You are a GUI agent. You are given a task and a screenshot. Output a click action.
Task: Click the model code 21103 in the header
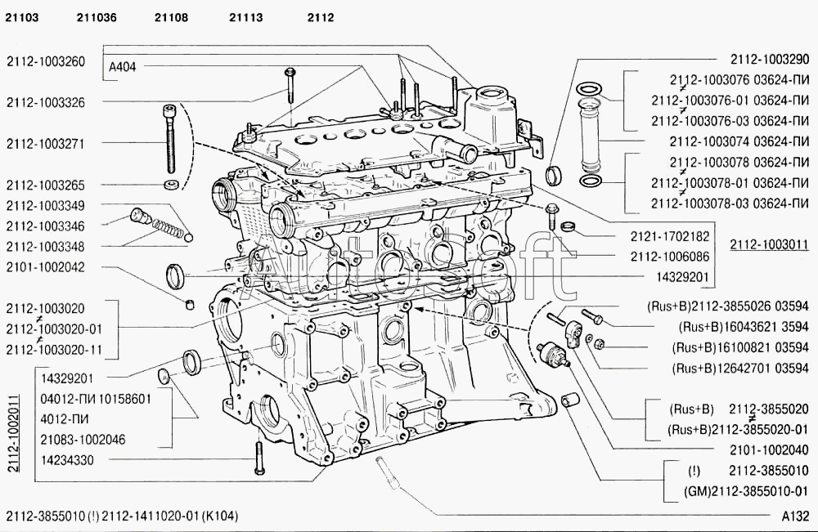click(22, 18)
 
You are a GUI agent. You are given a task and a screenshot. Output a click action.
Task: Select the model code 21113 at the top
click(245, 18)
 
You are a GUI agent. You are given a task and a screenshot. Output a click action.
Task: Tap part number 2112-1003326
click(45, 103)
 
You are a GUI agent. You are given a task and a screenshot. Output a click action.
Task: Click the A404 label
click(123, 67)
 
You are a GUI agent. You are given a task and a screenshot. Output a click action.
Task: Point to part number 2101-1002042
click(45, 267)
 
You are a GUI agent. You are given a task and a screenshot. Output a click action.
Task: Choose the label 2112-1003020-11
click(54, 350)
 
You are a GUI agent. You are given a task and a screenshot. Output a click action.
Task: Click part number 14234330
click(67, 460)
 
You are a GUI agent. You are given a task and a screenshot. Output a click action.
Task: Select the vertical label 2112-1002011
click(14, 433)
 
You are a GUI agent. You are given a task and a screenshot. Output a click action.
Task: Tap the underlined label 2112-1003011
click(770, 244)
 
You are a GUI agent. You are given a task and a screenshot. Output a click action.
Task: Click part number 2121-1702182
click(671, 236)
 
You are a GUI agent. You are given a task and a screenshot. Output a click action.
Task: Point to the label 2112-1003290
click(770, 60)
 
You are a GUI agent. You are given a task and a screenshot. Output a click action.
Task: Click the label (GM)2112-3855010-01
click(746, 491)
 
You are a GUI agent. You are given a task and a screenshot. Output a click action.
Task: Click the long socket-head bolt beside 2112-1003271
click(170, 139)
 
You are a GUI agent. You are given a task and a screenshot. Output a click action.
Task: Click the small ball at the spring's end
click(189, 238)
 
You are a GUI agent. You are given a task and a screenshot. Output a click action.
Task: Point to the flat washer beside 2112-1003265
click(171, 185)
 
